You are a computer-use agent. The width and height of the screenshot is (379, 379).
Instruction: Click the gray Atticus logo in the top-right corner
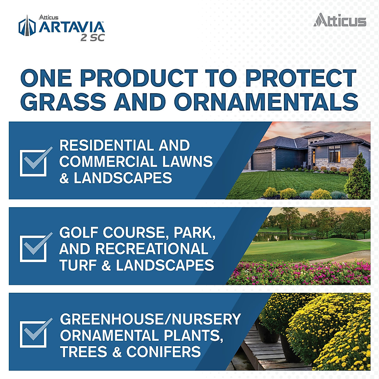point(340,20)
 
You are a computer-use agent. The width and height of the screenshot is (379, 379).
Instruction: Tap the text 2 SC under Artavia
point(92,38)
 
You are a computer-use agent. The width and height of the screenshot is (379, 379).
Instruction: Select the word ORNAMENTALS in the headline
point(266,102)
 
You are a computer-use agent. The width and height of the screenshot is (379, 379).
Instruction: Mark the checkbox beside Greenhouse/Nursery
point(33,334)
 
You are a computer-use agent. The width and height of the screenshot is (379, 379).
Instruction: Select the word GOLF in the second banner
point(79,233)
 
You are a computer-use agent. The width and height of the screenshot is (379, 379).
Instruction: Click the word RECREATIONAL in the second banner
point(152,249)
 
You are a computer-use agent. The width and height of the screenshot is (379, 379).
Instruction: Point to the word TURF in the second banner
point(78,265)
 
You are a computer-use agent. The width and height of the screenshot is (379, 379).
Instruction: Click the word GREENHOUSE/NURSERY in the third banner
point(150,319)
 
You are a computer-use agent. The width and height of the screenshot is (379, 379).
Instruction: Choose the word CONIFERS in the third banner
point(164,352)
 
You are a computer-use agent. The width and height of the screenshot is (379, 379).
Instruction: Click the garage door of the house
point(262,161)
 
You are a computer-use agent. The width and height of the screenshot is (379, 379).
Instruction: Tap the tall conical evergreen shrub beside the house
point(357,177)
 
